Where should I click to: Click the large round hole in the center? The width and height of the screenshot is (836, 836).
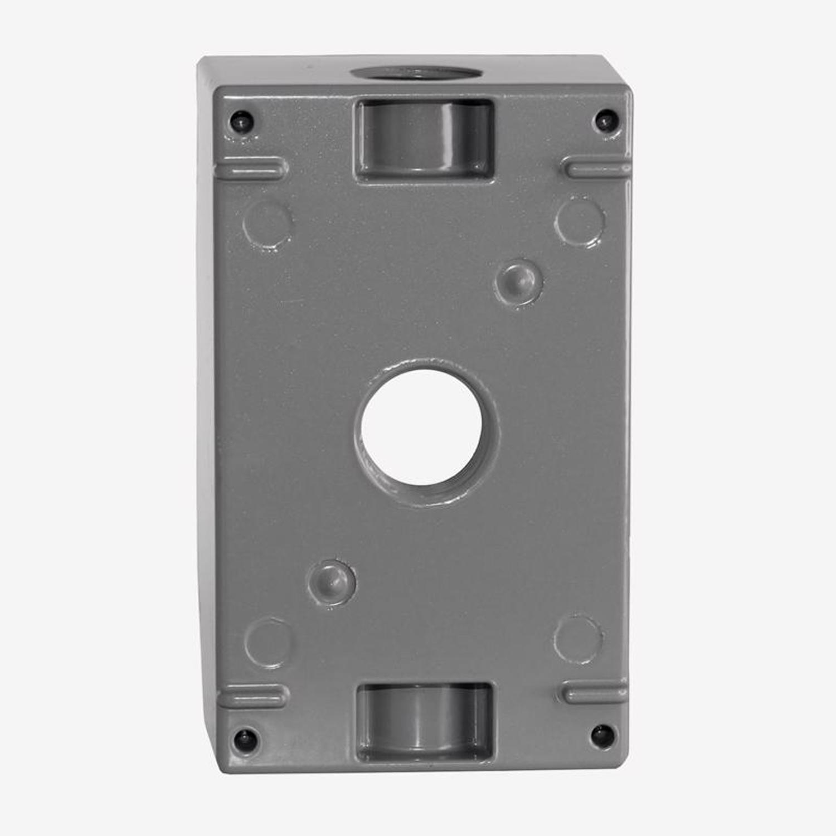(x=422, y=427)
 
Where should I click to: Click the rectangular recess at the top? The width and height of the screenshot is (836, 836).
(x=425, y=139)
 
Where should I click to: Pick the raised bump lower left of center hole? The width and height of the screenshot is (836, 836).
(x=332, y=583)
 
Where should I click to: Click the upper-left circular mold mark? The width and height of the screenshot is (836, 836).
(x=268, y=223)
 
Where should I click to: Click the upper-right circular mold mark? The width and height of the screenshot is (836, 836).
(x=580, y=222)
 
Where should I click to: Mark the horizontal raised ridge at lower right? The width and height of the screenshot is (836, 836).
(x=594, y=692)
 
